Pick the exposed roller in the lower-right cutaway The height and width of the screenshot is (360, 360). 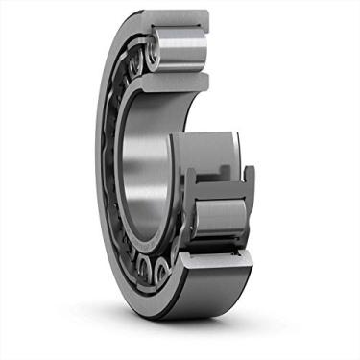pyautogui.click(x=222, y=215)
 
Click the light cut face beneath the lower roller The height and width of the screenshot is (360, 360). pyautogui.click(x=222, y=255)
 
